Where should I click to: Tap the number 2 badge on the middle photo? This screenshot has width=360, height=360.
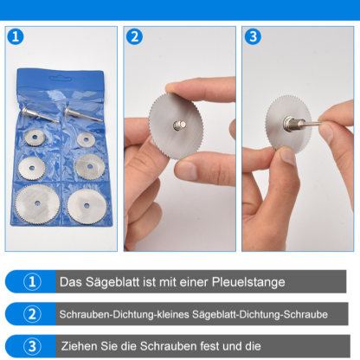(134, 37)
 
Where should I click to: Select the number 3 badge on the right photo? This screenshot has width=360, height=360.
(252, 37)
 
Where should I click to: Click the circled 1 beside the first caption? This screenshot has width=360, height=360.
(32, 282)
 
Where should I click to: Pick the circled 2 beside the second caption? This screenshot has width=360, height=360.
(32, 313)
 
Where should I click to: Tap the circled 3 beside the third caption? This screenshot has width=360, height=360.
(32, 345)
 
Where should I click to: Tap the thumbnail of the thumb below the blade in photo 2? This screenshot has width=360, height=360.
(184, 170)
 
